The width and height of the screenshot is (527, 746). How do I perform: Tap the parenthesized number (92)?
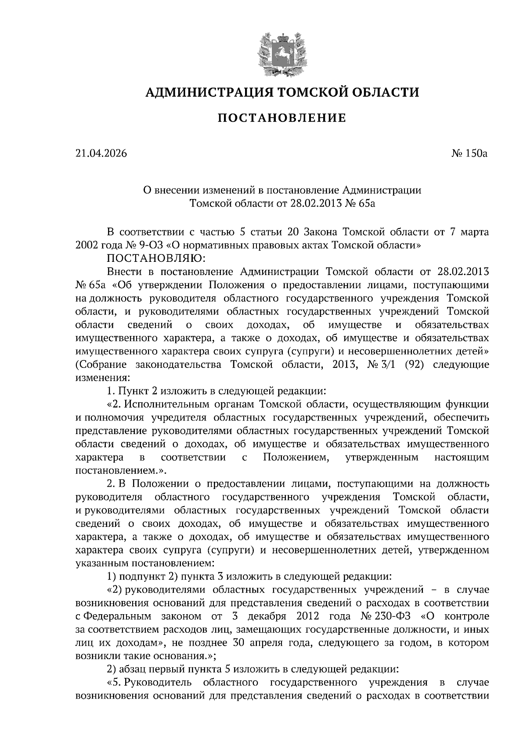click(x=414, y=364)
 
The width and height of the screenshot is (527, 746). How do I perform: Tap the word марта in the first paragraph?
click(x=473, y=232)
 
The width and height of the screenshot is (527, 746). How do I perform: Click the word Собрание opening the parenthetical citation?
click(x=101, y=364)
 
